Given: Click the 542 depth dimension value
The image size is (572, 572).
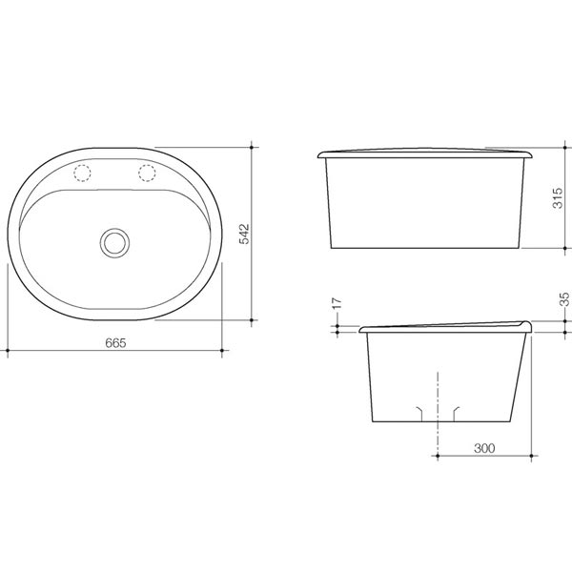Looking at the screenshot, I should pyautogui.click(x=243, y=234).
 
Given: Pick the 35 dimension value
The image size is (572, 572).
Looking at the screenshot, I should pyautogui.click(x=564, y=298).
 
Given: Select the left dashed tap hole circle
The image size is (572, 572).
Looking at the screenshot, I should pyautogui.click(x=82, y=174).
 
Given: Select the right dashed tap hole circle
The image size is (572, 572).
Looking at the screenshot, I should pyautogui.click(x=148, y=173).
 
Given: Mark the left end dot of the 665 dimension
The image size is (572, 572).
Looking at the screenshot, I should pyautogui.click(x=8, y=352).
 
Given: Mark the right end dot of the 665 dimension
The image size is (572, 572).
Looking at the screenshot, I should pyautogui.click(x=222, y=352).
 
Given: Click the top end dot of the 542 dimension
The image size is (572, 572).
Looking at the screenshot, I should pyautogui.click(x=252, y=147).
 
